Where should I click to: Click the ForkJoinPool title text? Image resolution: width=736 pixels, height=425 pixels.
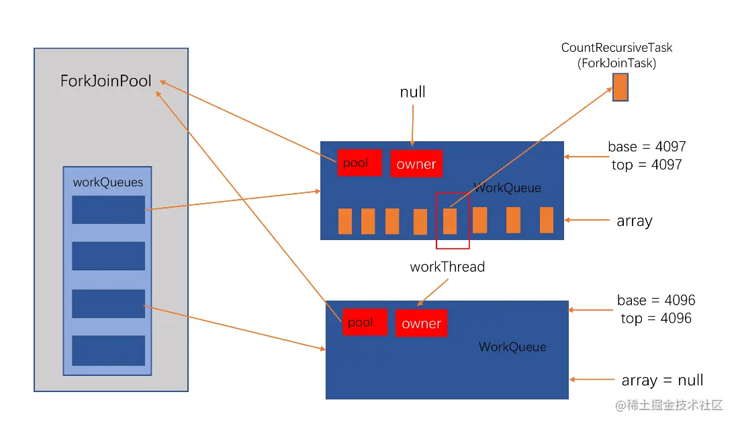coord(105,81)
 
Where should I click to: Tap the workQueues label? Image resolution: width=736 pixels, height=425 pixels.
coord(108,182)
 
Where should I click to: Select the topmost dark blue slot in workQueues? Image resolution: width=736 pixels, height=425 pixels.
coord(108,210)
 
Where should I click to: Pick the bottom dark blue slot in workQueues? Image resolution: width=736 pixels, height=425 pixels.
coord(108,350)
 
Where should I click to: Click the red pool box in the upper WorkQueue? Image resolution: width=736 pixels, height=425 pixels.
coord(359,163)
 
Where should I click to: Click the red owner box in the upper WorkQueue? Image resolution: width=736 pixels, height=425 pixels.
coord(416,163)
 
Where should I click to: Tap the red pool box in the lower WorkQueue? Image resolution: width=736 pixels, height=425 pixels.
coord(365,322)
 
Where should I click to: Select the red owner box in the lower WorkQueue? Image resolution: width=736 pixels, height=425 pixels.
coord(421,323)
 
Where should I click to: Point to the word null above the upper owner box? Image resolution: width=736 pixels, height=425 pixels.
coord(412,91)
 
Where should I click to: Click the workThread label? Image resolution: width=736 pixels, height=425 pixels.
coord(447,266)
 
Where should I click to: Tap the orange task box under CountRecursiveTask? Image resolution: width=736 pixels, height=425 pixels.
coord(620,87)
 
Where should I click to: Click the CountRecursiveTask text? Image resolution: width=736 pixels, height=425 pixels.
coord(616,48)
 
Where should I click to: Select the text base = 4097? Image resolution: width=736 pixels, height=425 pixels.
coord(647,147)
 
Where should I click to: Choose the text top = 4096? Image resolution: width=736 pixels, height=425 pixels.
coord(656,318)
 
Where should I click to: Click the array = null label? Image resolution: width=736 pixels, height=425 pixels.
coord(662,380)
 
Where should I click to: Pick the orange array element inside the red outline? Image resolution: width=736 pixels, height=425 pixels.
coord(450,221)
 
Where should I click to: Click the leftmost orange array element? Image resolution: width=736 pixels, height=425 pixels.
coord(345,221)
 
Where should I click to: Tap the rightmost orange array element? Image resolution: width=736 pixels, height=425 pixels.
coord(547,220)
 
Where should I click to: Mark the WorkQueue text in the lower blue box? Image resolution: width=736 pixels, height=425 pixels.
coord(512,347)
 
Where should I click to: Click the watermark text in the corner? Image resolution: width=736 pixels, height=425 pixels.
coord(669,405)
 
